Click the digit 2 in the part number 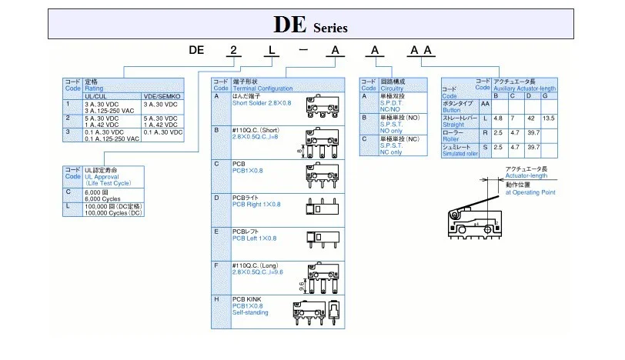pos(232,51)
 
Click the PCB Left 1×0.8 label pos(254,238)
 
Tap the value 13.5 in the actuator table pos(548,118)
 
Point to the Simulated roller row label pos(460,153)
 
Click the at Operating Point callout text pos(530,192)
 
